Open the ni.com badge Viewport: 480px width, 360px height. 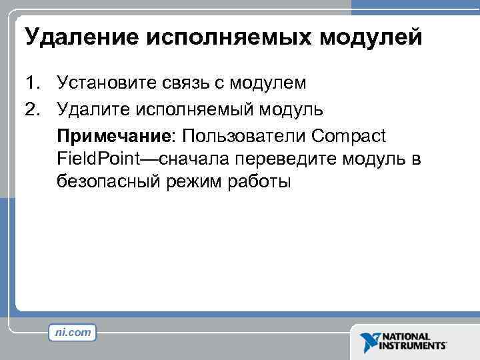(x=71, y=331)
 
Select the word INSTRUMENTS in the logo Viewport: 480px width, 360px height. (x=414, y=346)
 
